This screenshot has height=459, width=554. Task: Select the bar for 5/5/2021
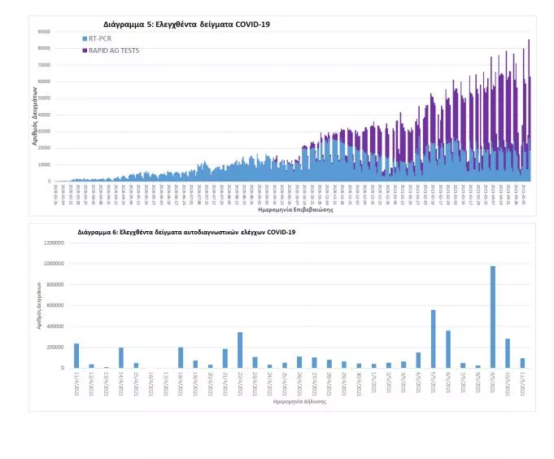(433, 339)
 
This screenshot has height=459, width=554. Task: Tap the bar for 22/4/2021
(240, 350)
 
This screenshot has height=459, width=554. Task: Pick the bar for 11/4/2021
(76, 356)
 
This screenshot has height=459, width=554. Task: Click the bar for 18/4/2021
(181, 358)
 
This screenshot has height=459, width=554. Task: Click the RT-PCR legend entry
(101, 38)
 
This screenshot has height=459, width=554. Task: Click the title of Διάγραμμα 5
(186, 24)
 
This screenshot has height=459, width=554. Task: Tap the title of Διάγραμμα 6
(186, 232)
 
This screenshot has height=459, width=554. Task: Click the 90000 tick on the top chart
(44, 32)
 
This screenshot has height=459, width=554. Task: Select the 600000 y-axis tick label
(52, 305)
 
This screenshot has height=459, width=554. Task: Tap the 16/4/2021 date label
(150, 381)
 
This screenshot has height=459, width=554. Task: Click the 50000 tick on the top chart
(44, 98)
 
